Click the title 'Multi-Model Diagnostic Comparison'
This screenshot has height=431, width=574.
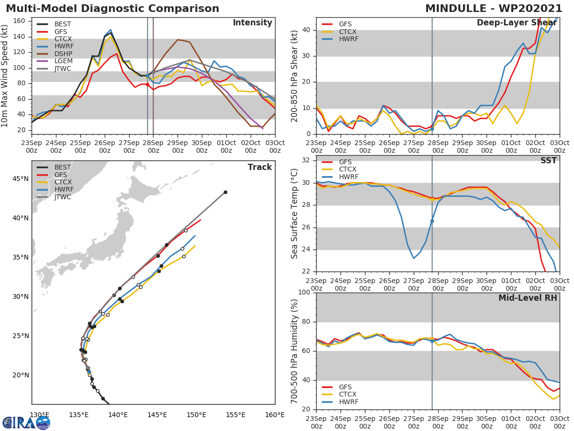click(112, 9)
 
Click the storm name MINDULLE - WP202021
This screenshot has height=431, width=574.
click(494, 9)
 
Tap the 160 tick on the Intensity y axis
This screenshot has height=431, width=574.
click(20, 21)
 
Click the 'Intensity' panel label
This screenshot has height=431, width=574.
click(252, 23)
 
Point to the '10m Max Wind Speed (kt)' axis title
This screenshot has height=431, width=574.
click(5, 76)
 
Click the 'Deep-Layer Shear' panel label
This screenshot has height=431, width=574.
click(517, 23)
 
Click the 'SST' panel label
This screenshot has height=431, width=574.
click(548, 161)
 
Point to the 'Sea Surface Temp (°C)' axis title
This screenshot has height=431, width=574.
click(295, 213)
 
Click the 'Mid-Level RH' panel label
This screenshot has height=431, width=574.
click(528, 298)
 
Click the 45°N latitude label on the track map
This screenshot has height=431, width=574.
click(20, 179)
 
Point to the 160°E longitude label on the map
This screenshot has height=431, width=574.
click(275, 415)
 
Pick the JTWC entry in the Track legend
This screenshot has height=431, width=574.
click(63, 197)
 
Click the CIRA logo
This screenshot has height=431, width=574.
click(26, 422)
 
